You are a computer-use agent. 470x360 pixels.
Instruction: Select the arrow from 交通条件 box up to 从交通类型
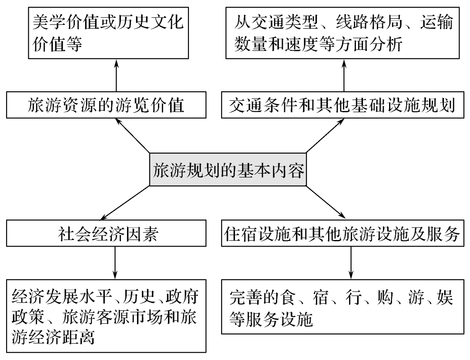coord(344,77)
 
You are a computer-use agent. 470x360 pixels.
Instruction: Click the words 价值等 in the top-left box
coord(57,44)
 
